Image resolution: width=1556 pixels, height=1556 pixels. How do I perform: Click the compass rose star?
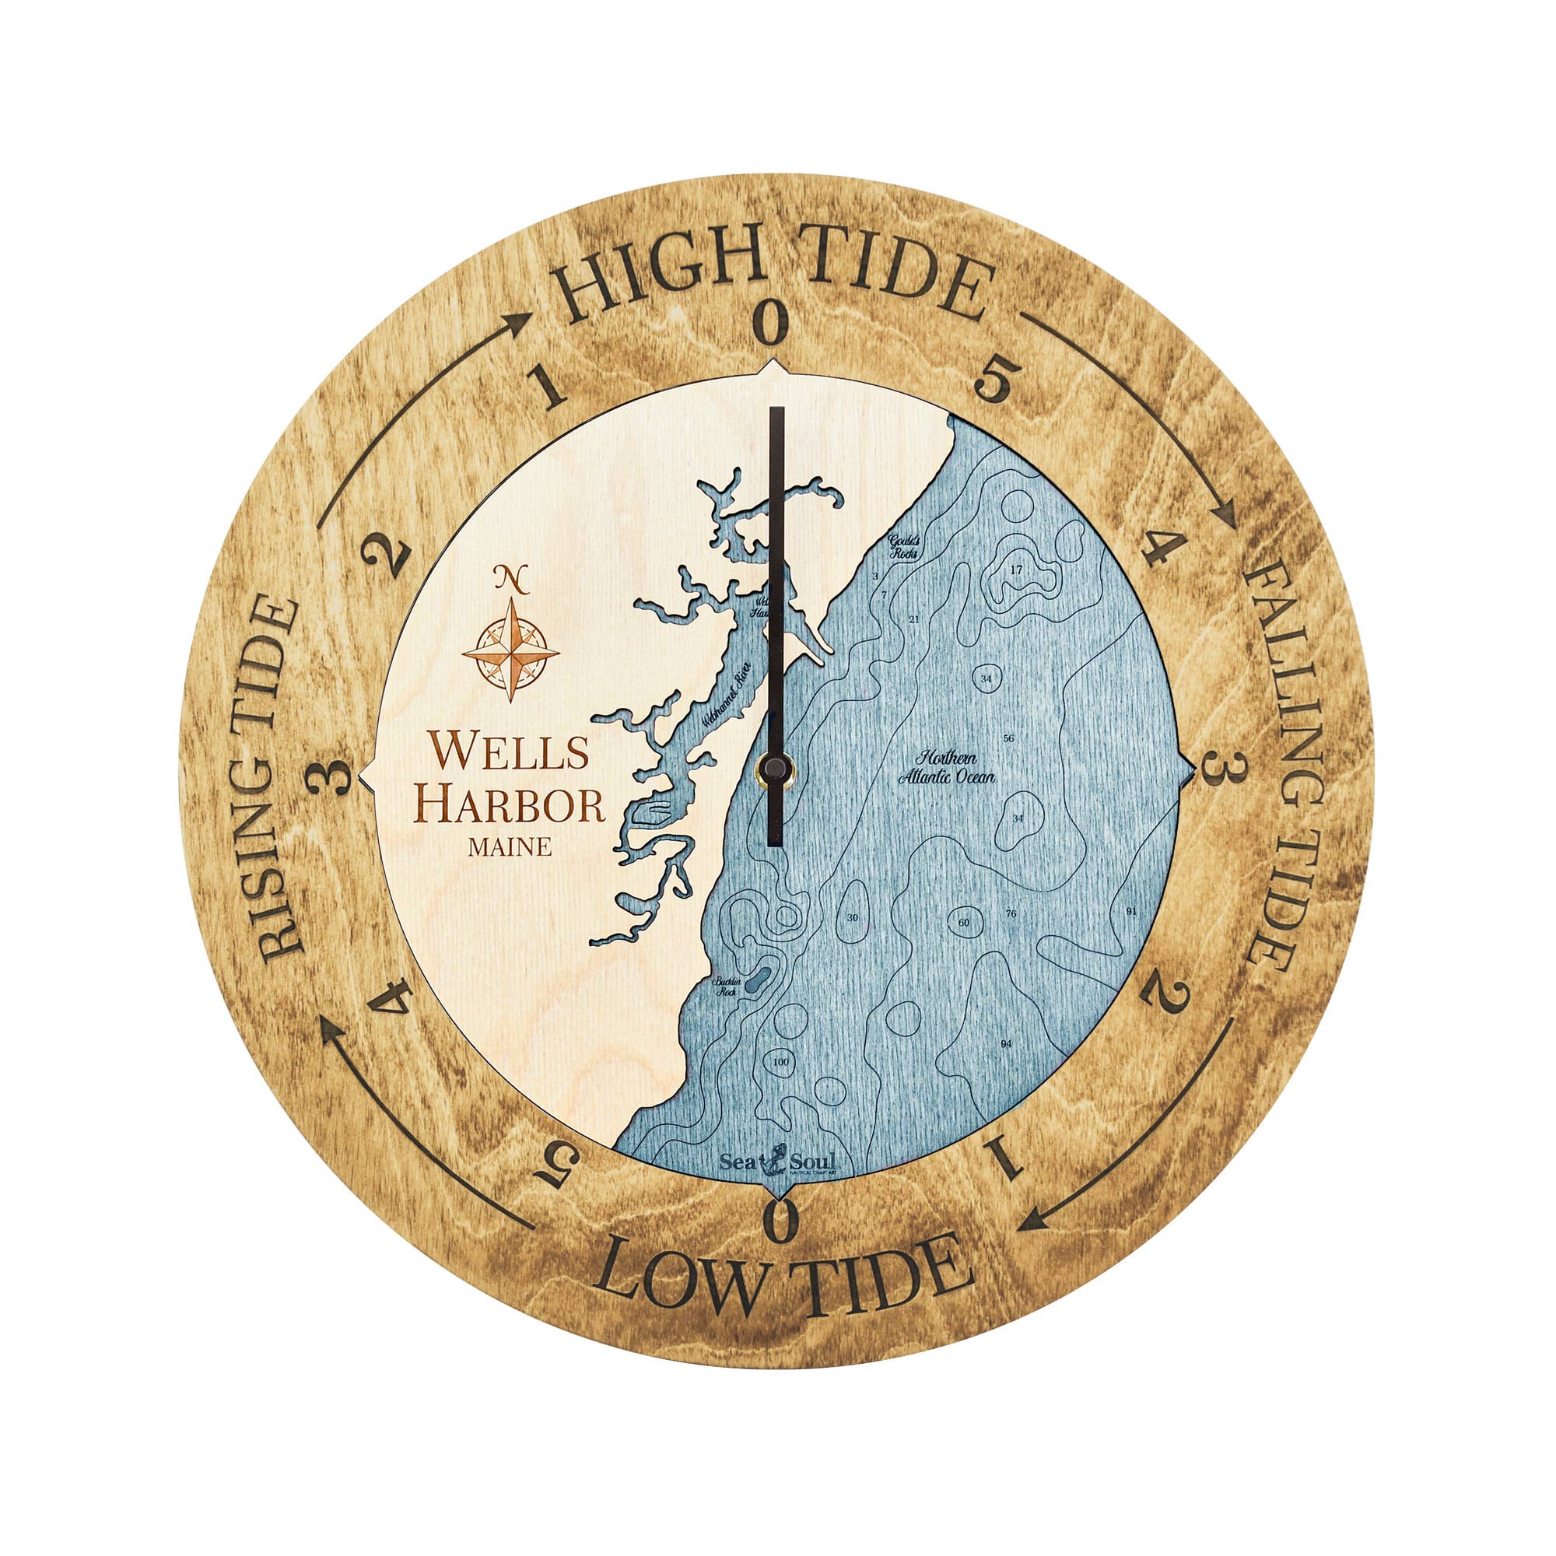(x=510, y=650)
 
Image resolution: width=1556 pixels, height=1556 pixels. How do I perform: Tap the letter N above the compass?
(x=510, y=576)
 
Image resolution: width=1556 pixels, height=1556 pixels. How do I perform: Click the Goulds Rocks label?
(x=902, y=546)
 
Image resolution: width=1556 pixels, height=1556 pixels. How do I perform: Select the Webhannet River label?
(x=726, y=695)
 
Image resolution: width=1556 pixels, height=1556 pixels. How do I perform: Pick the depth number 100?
(x=780, y=1062)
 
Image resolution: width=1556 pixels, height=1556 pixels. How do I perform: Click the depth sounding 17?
(x=1015, y=570)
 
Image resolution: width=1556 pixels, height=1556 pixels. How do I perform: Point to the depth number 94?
(x=1006, y=1045)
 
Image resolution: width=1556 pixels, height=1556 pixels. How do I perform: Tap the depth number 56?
(x=1008, y=738)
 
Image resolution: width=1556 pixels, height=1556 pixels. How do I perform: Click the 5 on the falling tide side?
(x=997, y=380)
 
